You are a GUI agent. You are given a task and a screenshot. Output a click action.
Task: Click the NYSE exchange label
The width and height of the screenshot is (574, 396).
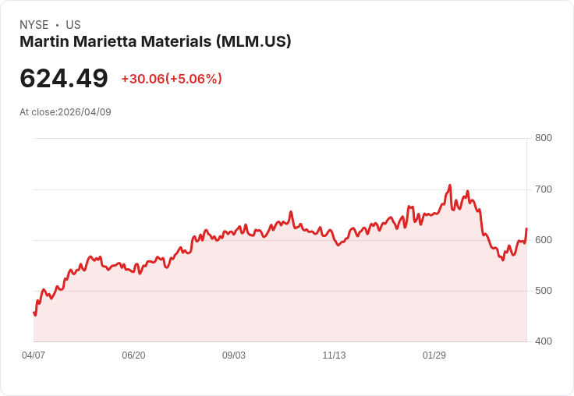tap(34, 25)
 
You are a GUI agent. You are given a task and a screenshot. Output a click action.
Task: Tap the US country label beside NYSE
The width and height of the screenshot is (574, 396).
tap(73, 25)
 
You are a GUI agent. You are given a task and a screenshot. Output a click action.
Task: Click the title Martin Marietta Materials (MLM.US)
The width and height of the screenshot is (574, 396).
tap(155, 42)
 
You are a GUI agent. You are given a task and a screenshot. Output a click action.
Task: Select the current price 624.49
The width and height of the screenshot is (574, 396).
tap(64, 79)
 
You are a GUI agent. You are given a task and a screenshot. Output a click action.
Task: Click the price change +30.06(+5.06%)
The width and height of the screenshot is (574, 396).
tap(172, 79)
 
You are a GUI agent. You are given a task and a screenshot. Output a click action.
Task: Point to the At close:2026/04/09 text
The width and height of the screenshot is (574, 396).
tap(66, 112)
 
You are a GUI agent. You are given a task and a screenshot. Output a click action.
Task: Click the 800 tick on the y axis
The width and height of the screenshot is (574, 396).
tap(543, 138)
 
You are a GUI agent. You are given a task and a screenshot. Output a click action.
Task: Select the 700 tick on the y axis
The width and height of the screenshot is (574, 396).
tap(543, 189)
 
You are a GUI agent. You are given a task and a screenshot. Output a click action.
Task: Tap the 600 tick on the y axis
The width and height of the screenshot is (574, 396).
tap(543, 240)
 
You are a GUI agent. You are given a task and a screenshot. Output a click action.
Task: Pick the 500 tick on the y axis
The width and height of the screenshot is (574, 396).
tap(543, 291)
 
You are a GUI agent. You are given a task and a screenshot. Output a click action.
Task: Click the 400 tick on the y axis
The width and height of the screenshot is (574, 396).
tap(543, 341)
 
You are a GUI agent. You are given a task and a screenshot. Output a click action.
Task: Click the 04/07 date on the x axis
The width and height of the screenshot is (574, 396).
tap(34, 355)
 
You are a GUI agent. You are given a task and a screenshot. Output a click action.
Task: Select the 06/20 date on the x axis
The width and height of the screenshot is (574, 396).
tap(133, 355)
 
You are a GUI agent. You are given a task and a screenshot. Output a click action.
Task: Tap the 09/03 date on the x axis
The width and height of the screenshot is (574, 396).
tap(234, 355)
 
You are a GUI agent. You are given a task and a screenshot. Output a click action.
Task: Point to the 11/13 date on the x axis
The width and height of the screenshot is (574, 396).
tap(334, 355)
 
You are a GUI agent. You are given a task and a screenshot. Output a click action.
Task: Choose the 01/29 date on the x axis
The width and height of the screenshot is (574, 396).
tap(434, 355)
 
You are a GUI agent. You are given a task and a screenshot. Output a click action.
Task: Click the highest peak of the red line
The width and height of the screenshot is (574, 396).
tap(450, 186)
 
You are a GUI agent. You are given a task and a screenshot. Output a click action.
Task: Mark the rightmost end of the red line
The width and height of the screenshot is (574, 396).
tap(526, 228)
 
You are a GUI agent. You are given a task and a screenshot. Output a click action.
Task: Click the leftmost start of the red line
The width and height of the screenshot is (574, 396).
tap(34, 313)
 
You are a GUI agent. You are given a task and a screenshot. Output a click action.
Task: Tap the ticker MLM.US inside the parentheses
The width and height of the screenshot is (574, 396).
tap(253, 42)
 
